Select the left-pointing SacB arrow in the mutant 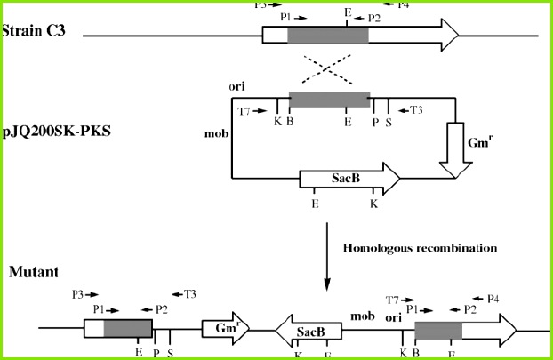tap(309, 332)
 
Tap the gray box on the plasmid tap(329, 101)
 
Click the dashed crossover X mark tap(330, 68)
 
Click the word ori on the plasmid tap(236, 87)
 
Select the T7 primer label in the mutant tap(392, 300)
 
